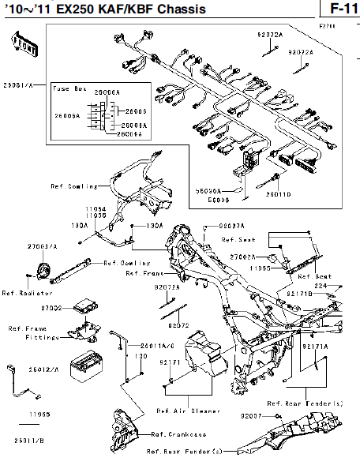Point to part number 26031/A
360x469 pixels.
pyautogui.click(x=17, y=81)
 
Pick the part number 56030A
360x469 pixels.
pyautogui.click(x=208, y=191)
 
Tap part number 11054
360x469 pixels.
pyautogui.click(x=96, y=208)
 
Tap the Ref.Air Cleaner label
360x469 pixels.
pyautogui.click(x=183, y=411)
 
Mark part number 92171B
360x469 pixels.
pyautogui.click(x=299, y=293)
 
